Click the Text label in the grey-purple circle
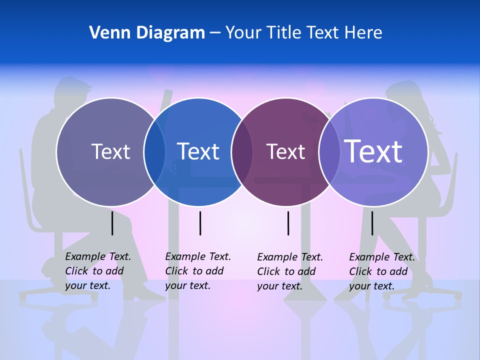110,151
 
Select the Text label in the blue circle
198,151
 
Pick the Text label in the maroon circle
285,151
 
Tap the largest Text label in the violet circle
373,151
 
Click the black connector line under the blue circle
200,223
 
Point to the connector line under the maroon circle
288,223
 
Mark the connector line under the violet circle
372,223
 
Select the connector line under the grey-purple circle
112,223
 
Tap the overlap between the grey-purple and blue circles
154,152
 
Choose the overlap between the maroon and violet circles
329,152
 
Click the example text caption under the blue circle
197,271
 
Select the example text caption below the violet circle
381,271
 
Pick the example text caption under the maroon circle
289,271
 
